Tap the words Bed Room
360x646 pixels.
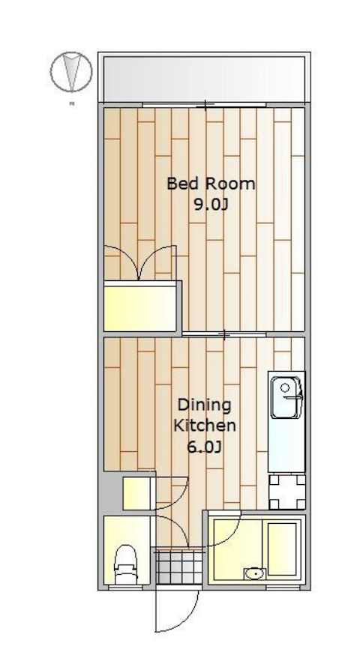click(x=211, y=184)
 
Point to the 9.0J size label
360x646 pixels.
click(x=211, y=205)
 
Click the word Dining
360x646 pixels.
click(x=203, y=405)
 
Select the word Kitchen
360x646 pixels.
click(x=205, y=426)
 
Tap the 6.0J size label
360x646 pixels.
click(x=204, y=448)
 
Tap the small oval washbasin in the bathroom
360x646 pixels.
click(x=253, y=574)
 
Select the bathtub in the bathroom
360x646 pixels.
click(x=283, y=549)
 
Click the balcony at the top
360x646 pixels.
click(x=204, y=77)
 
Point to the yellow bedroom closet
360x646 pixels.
click(x=140, y=307)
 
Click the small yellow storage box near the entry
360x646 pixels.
click(x=137, y=493)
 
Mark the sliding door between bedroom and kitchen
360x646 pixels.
click(x=225, y=333)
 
